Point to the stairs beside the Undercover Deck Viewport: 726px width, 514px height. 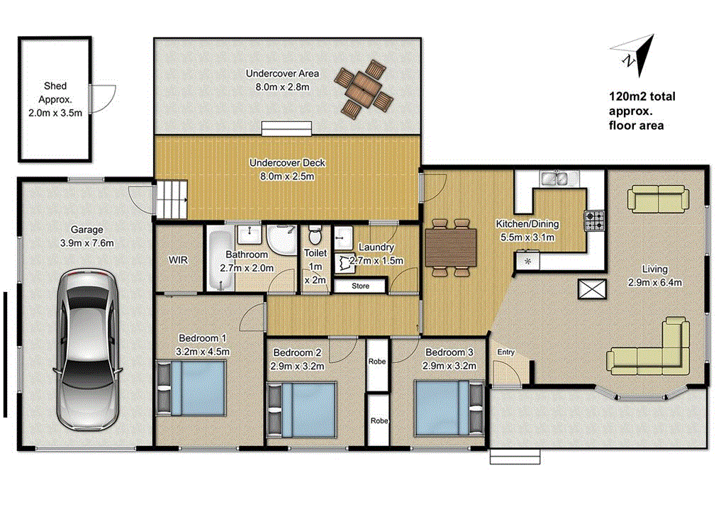172,199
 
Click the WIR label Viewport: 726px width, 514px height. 178,260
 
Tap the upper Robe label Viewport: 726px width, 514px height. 377,361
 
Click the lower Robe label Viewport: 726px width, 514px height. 379,420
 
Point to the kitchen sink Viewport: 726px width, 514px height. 552,178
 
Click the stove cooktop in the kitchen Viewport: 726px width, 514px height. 594,221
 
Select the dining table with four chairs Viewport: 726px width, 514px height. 450,247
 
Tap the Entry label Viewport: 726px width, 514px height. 506,352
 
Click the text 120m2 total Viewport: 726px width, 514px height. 642,97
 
